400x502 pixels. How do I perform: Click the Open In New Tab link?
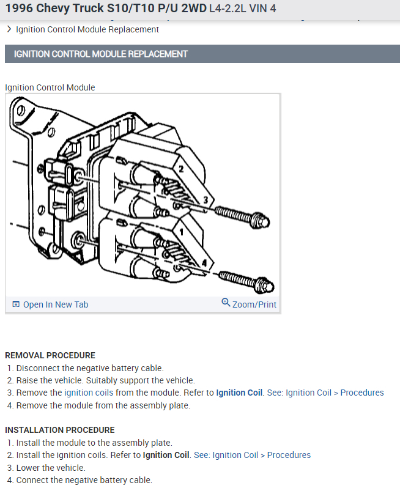click(x=55, y=305)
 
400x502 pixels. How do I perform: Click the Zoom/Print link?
click(x=254, y=305)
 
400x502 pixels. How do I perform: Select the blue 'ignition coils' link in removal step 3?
click(x=89, y=393)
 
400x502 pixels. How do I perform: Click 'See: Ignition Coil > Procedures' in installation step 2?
click(x=252, y=455)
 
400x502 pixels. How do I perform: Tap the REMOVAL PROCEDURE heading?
click(x=50, y=355)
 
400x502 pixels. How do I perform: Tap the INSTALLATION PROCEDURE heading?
click(x=59, y=430)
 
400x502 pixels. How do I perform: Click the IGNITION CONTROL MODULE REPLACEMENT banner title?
click(x=101, y=54)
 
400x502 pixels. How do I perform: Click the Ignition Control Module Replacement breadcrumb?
click(x=87, y=29)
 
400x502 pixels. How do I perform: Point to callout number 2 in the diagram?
click(x=181, y=168)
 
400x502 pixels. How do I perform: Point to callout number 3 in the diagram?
click(x=206, y=200)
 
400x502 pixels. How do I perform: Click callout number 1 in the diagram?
click(x=182, y=233)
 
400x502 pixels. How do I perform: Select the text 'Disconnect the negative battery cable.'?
click(x=90, y=368)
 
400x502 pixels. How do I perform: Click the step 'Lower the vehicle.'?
click(x=51, y=468)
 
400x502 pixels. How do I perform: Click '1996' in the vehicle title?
click(x=19, y=9)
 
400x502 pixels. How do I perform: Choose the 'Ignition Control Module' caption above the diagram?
click(x=50, y=87)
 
